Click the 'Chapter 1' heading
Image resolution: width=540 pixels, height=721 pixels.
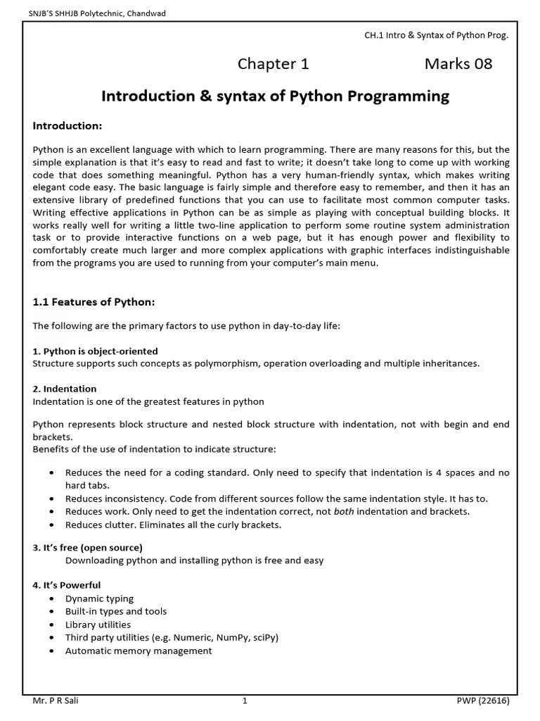[x=273, y=65]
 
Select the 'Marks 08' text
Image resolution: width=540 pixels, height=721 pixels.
[x=458, y=65]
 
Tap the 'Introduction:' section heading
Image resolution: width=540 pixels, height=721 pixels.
[x=67, y=126]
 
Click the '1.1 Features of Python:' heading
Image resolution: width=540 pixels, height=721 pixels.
[x=94, y=302]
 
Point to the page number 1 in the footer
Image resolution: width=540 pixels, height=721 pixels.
[x=245, y=701]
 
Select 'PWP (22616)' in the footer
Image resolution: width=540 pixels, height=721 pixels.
[x=482, y=701]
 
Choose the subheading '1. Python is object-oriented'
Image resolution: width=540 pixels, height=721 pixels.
[x=96, y=351]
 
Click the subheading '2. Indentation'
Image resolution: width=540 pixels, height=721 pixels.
[x=65, y=389]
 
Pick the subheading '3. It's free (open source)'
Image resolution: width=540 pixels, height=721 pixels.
[x=88, y=548]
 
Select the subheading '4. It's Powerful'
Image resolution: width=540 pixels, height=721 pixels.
[x=67, y=585]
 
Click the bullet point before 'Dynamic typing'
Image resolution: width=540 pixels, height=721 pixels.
[x=53, y=598]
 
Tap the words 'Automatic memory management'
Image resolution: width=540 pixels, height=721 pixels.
[x=139, y=651]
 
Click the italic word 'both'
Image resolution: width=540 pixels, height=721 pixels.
[x=344, y=511]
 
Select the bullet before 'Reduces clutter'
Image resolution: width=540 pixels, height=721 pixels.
[x=53, y=525]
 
